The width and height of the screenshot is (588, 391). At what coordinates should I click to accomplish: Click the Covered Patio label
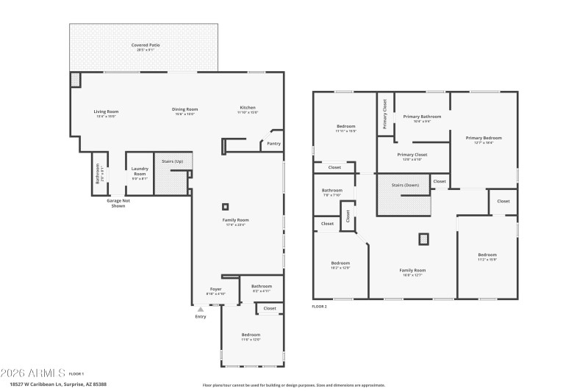coord(146,45)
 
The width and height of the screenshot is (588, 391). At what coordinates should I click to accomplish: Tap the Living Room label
coord(106,112)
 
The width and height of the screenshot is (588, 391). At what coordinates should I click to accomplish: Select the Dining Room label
coord(185,109)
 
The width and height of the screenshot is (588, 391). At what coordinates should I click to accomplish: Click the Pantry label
coord(273,144)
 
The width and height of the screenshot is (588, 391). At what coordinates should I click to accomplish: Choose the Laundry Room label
coord(140,171)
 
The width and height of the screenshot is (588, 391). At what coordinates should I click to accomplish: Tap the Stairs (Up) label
coord(173,161)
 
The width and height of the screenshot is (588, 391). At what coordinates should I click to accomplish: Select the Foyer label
coord(215,289)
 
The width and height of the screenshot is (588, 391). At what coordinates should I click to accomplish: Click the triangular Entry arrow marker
coord(201,310)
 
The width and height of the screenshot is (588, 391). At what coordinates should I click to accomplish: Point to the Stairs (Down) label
coord(404,186)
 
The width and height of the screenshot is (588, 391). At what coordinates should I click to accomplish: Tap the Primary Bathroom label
coord(422,117)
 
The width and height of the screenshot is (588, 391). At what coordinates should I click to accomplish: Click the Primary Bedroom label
coord(484,138)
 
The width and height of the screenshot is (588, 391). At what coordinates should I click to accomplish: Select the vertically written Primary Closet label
coord(385,114)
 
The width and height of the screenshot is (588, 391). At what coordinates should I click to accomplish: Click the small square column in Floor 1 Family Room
coord(226,207)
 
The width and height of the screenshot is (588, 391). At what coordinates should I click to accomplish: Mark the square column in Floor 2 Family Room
coord(423,238)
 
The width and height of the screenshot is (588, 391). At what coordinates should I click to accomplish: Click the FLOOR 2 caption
coord(320,306)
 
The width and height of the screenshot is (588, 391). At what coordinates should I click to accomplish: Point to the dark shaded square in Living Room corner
coord(76,79)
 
